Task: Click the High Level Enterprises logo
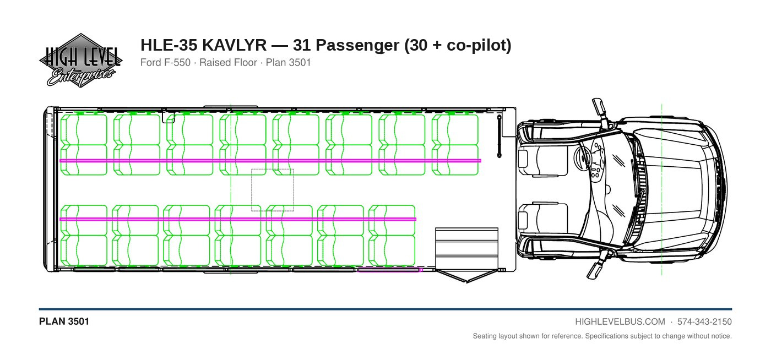tap(80, 61)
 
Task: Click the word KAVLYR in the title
tap(234, 45)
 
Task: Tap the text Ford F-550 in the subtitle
tap(165, 63)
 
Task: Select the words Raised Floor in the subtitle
tap(228, 63)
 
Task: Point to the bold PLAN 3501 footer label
tap(64, 321)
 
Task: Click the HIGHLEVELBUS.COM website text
tap(620, 322)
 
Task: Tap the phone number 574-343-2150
tap(704, 322)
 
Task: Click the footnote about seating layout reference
tap(602, 336)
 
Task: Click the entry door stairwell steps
tap(467, 248)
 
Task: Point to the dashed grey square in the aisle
tap(273, 190)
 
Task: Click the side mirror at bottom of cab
tap(596, 269)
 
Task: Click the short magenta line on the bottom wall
tap(390, 270)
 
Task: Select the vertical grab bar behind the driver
tap(499, 137)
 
